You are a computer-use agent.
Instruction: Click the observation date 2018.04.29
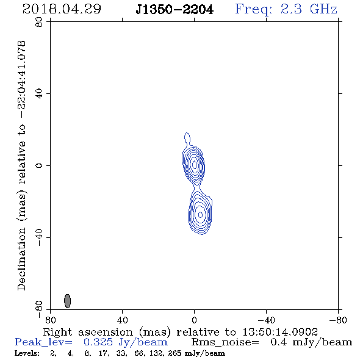62,9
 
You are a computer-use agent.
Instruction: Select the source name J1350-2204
175,10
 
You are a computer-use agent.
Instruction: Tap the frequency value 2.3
291,9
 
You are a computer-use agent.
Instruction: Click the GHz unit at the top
323,9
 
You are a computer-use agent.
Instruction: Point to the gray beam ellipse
67,301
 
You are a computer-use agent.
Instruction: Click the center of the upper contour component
195,164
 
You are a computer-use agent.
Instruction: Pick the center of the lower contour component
200,215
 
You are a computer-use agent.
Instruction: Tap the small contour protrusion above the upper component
187,138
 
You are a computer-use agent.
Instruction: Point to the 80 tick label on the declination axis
39,22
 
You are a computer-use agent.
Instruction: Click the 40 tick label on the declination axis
39,94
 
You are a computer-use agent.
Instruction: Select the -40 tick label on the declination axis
39,237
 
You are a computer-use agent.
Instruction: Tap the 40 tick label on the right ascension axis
122,320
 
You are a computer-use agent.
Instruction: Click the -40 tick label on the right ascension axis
266,320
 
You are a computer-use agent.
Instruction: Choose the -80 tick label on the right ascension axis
338,320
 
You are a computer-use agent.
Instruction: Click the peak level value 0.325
98,342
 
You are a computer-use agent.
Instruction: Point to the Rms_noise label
225,342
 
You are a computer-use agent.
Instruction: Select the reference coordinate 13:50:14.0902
280,332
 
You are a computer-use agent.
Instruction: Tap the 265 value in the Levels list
175,353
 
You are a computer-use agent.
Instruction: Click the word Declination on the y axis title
21,259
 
